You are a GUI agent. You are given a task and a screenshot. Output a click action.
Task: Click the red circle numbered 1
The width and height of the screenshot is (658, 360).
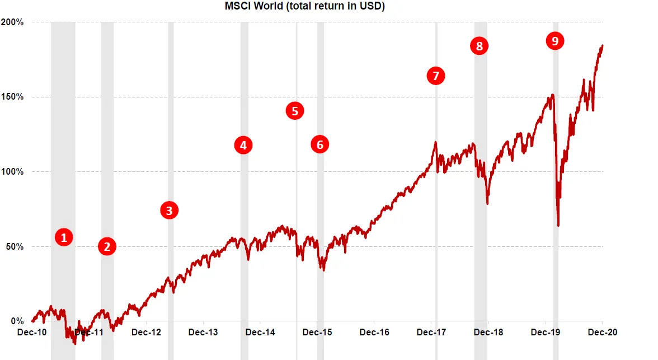point(64,237)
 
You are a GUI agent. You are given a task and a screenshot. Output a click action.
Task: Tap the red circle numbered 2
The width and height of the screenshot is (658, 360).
point(107,246)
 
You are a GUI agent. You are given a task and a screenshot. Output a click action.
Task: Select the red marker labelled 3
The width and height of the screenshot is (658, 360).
point(169,211)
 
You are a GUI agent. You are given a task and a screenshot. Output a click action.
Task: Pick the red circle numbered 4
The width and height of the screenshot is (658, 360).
point(243,146)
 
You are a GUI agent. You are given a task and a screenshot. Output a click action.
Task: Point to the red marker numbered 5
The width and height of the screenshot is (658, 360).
point(295,111)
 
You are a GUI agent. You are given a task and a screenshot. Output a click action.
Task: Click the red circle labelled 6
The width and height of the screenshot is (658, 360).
point(320,144)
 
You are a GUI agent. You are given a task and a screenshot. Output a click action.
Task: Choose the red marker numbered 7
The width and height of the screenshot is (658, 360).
point(436,76)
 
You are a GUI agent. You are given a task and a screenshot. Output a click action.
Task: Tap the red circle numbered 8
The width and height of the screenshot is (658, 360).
point(479,46)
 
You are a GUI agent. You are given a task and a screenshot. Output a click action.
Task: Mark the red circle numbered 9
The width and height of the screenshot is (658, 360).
point(554,40)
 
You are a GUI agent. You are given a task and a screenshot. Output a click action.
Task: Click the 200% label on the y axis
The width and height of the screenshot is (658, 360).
point(12,22)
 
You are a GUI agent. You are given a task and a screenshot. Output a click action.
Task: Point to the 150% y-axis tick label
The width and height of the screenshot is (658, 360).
point(12,97)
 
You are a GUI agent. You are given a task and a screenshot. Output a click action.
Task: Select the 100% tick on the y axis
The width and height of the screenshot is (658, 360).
point(12,172)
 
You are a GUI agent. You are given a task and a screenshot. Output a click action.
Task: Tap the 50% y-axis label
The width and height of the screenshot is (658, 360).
point(14,247)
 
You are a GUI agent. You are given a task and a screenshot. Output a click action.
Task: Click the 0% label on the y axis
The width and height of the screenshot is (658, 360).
point(16,321)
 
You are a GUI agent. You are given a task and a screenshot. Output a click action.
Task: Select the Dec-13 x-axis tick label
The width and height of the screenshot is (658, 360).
point(204,332)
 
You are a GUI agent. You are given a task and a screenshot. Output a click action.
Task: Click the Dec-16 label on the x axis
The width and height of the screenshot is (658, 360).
point(375,332)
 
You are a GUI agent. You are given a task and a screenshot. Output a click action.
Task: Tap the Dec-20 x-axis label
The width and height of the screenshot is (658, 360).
point(603,332)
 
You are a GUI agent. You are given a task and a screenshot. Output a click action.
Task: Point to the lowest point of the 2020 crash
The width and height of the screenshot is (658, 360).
point(558,226)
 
